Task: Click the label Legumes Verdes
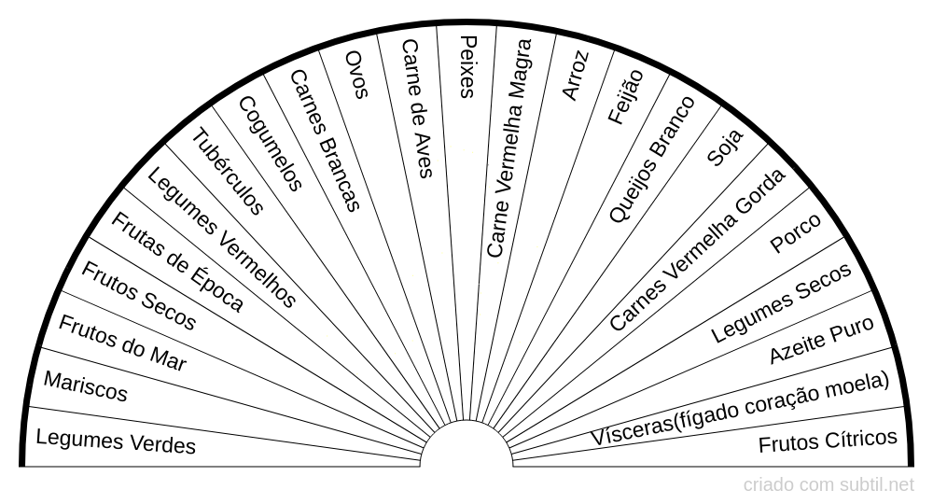[x=116, y=441]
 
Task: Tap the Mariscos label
[x=86, y=386]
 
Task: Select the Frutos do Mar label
[x=122, y=343]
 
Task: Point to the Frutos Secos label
[x=139, y=296]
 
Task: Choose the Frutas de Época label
[x=177, y=262]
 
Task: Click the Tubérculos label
[x=228, y=172]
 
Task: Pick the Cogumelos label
[x=271, y=144]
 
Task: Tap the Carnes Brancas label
[x=326, y=140]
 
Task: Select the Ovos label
[x=357, y=75]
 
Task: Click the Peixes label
[x=469, y=66]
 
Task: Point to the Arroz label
[x=576, y=75]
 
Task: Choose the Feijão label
[x=626, y=96]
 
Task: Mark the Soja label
[x=725, y=147]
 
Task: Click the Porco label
[x=796, y=232]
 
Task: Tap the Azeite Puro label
[x=822, y=339]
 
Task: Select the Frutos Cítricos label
[x=828, y=441]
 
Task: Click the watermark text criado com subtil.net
[x=829, y=485]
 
